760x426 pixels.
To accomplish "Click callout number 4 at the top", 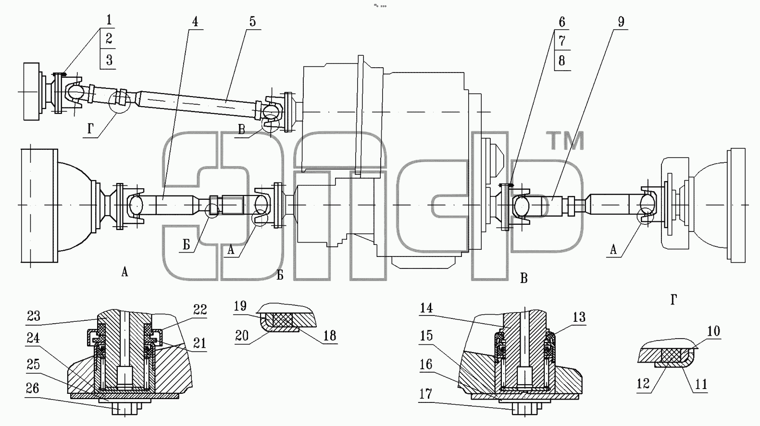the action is click(x=195, y=22).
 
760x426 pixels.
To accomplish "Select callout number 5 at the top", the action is click(x=252, y=22).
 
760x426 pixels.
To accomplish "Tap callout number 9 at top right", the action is click(x=621, y=22).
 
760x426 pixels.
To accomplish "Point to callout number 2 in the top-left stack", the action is click(x=109, y=38).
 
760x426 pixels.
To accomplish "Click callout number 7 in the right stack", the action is click(x=562, y=41).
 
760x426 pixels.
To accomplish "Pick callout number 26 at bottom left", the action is click(x=32, y=389).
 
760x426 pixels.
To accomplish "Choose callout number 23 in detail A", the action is click(x=34, y=316).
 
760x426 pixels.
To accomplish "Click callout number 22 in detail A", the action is click(x=200, y=310).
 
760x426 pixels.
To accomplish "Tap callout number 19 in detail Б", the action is click(x=240, y=306).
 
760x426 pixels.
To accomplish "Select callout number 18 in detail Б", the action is click(x=329, y=336).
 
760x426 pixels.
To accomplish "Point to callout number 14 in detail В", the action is click(x=426, y=308).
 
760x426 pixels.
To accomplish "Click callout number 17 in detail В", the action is click(x=425, y=394).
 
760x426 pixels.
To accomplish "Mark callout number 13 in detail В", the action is click(x=579, y=317).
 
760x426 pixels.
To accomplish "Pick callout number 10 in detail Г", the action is click(x=714, y=331).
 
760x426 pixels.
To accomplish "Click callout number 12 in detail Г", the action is click(x=643, y=384).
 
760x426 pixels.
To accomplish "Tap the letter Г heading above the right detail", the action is click(x=674, y=300).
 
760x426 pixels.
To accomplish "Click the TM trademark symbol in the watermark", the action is click(x=565, y=141).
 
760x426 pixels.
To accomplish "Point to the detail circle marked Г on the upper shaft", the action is click(x=119, y=102).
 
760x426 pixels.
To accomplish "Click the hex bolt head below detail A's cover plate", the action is click(x=125, y=409).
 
